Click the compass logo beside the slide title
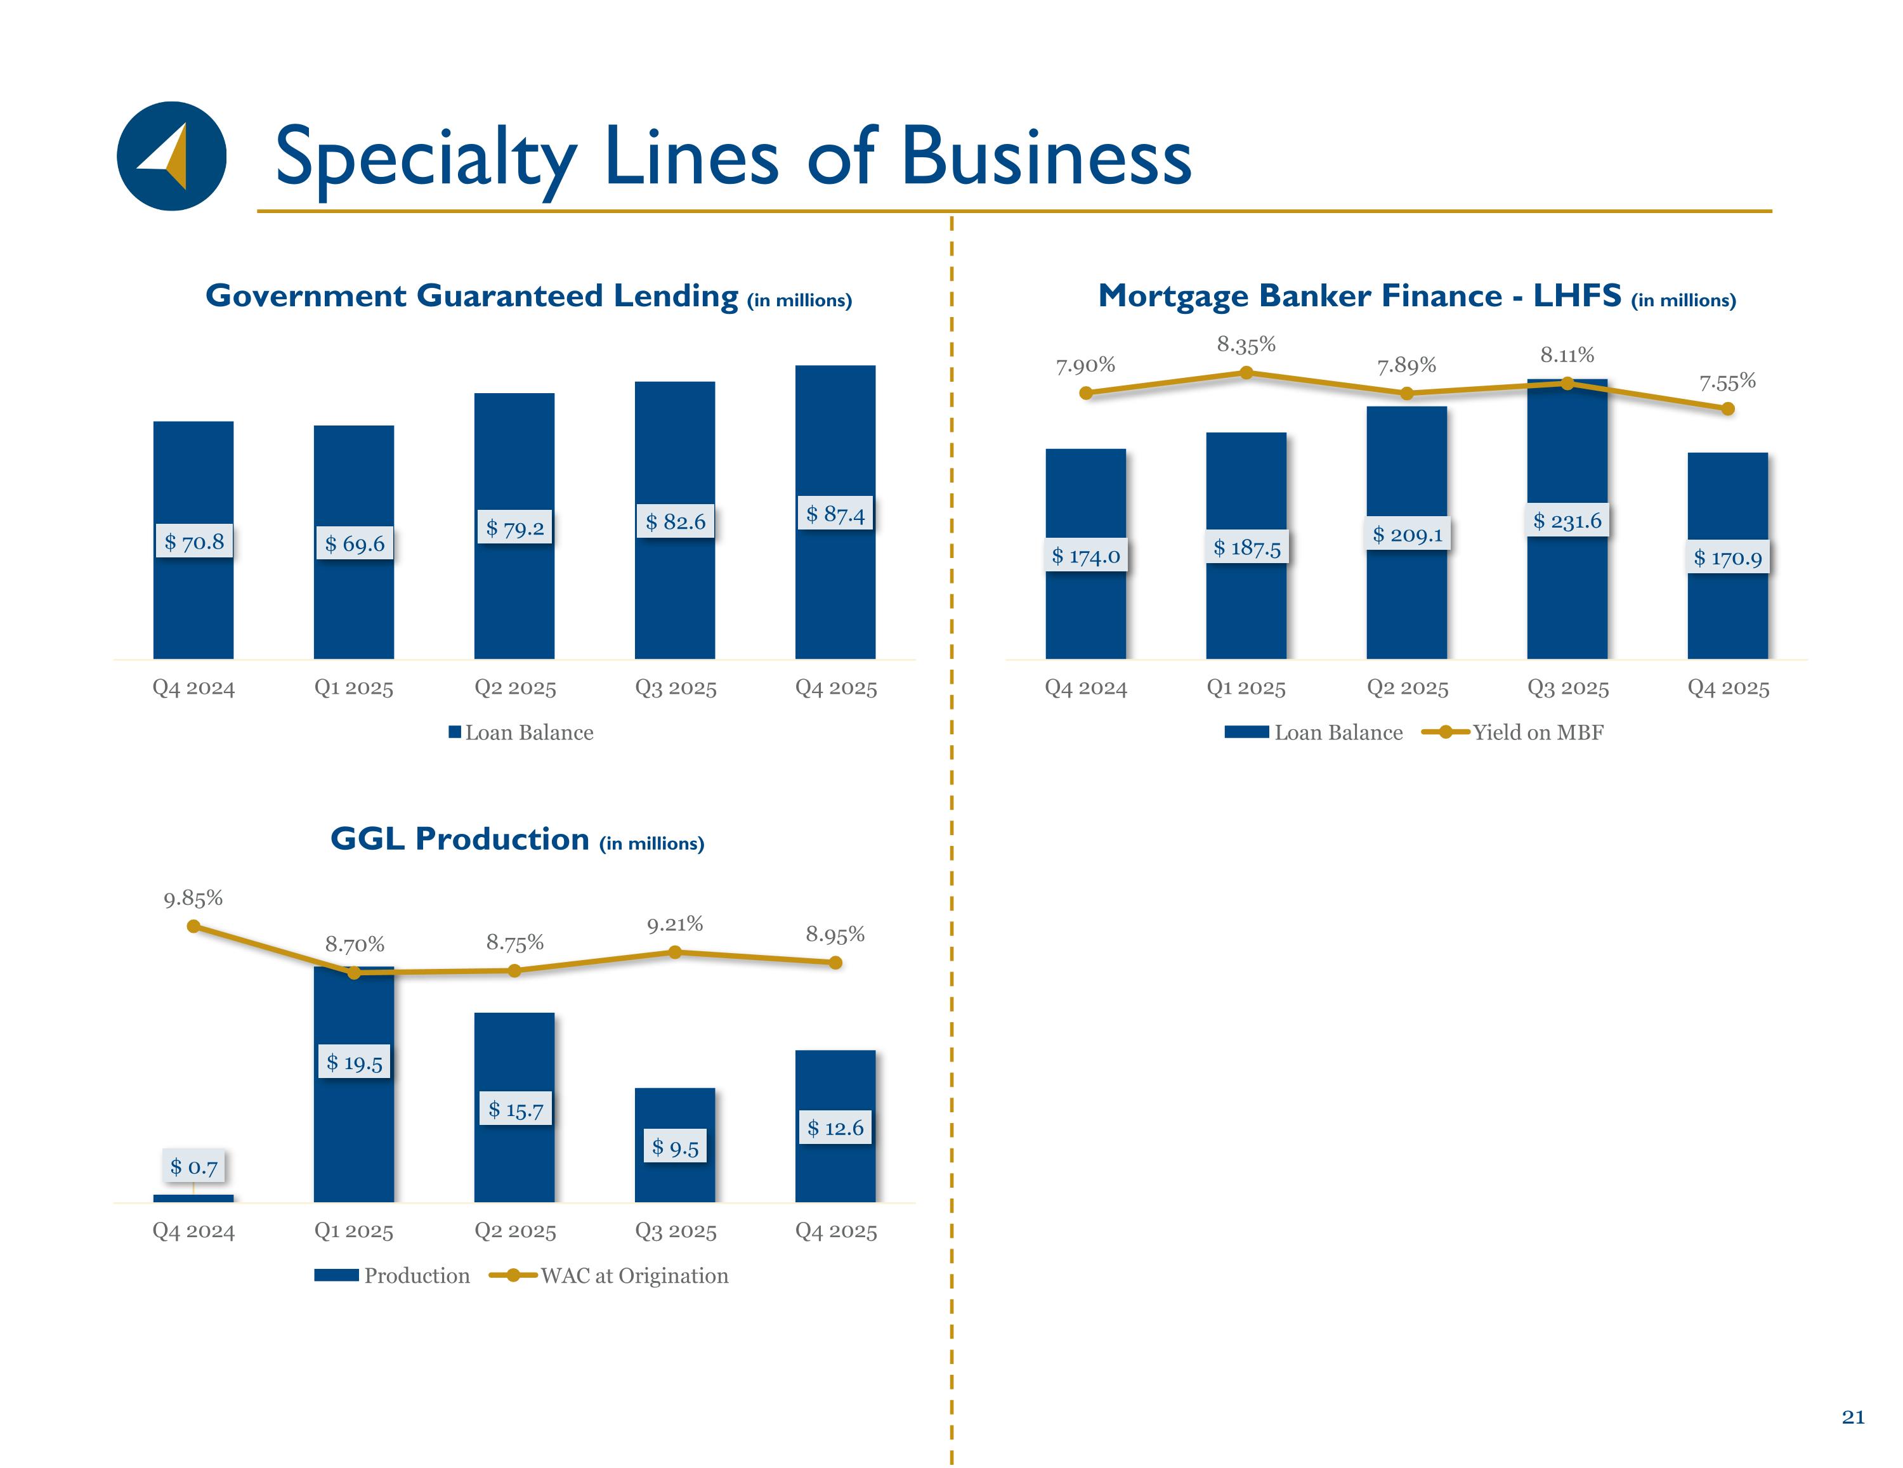(172, 156)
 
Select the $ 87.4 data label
(835, 514)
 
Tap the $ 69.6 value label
(354, 543)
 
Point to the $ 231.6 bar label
(1567, 521)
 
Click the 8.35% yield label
(1246, 345)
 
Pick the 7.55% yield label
(1727, 382)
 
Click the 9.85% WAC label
(193, 898)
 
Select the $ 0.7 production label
(193, 1167)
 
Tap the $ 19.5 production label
(354, 1062)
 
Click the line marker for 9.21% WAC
(676, 952)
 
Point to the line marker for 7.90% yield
(1086, 393)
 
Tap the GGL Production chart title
(517, 839)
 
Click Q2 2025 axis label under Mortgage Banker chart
(1406, 688)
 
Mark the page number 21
(1852, 1417)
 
